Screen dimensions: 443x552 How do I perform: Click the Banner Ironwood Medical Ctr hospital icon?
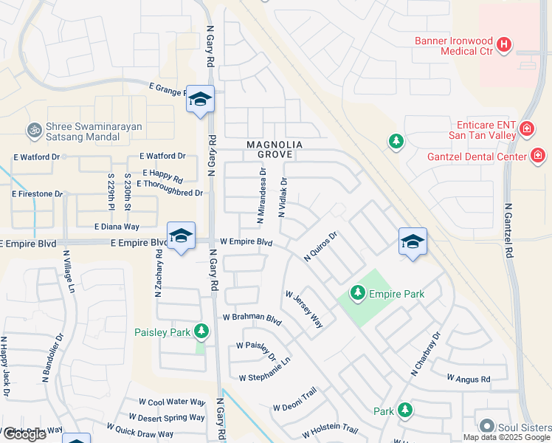pos(504,45)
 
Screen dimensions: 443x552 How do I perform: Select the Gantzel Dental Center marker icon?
pos(538,156)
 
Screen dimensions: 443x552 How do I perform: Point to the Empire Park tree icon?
pos(358,294)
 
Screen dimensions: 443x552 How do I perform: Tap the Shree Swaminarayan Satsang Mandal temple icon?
pos(33,131)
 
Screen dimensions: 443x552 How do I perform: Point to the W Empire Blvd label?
pos(246,242)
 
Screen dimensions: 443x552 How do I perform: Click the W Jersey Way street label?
pos(305,309)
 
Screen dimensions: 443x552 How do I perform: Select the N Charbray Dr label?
pos(426,355)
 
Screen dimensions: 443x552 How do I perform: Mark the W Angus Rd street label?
pos(469,379)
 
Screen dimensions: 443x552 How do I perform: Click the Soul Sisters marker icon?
pos(486,427)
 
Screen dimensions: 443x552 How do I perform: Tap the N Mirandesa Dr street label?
pos(261,196)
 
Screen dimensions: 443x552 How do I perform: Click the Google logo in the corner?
pos(24,434)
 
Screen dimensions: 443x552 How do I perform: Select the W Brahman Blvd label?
pos(253,320)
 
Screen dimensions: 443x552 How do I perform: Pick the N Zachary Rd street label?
pos(158,274)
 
